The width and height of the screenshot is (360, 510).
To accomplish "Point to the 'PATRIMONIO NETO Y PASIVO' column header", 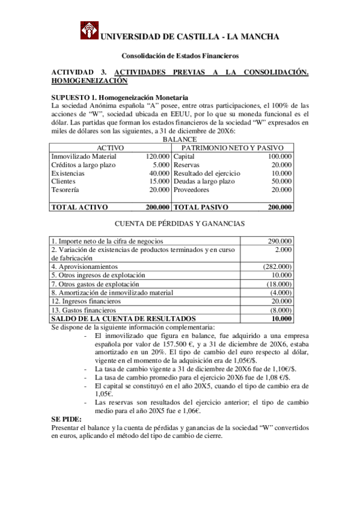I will click(233, 148).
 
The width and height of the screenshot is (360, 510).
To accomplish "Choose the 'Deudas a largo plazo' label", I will click(204, 182).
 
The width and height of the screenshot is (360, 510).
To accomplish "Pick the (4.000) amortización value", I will click(281, 292).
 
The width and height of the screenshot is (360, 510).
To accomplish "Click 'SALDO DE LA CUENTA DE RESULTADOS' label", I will click(124, 318).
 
